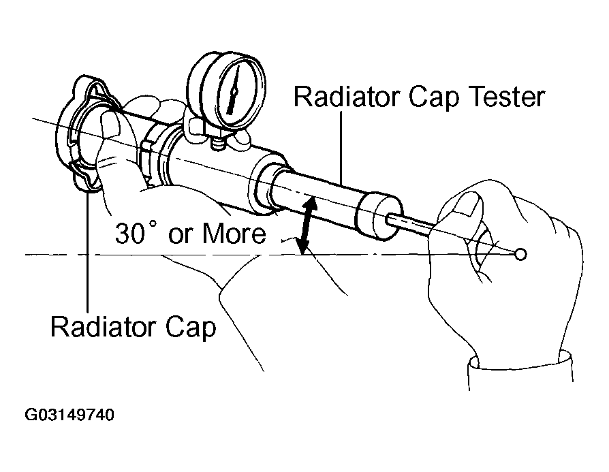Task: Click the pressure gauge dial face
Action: pos(236,92)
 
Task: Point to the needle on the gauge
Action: pos(234,90)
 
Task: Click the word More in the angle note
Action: pos(234,233)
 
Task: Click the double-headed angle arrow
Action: pos(307,225)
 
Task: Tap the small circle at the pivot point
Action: pos(520,255)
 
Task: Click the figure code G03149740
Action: pos(69,415)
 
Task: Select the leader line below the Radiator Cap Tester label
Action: pos(342,147)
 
